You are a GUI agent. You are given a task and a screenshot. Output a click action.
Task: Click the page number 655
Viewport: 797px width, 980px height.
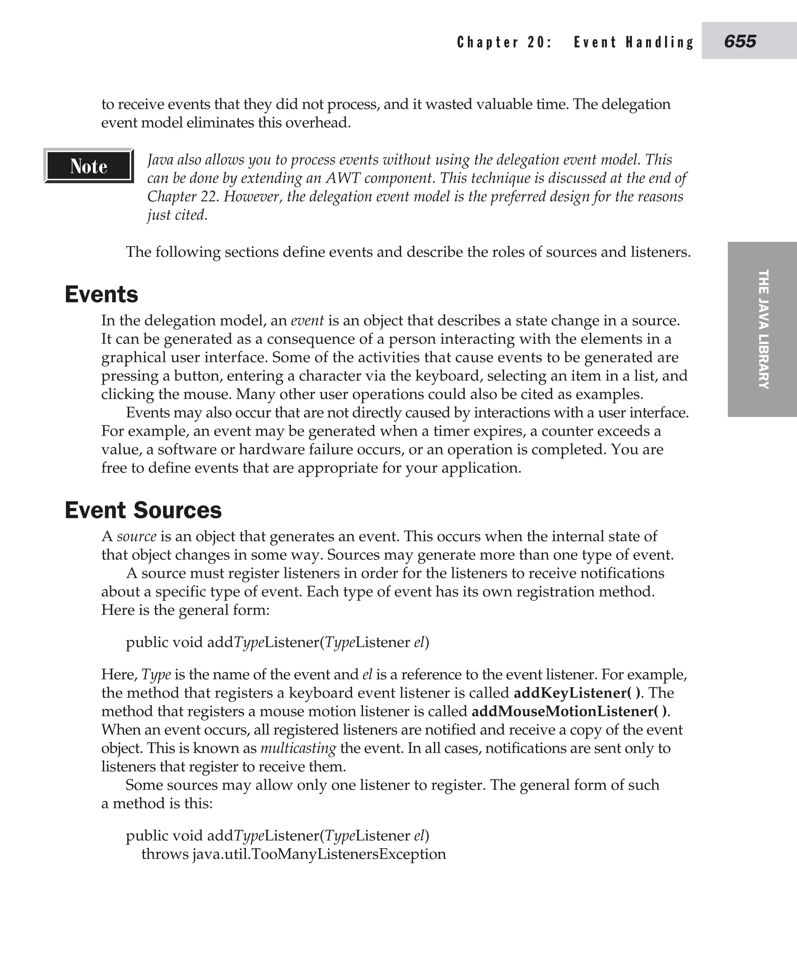tap(740, 42)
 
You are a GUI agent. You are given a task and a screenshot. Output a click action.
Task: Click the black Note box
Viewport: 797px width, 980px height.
tap(89, 166)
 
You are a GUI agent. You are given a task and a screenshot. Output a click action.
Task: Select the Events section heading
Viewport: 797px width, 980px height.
tap(102, 294)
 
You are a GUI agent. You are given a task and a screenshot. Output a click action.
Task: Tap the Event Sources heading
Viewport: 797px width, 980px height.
tap(143, 510)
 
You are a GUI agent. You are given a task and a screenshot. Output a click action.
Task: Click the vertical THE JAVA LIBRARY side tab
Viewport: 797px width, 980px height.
tap(763, 329)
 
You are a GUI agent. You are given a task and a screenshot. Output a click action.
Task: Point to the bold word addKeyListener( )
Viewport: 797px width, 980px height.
tap(577, 693)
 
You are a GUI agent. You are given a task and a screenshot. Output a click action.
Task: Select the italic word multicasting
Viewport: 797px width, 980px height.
tap(298, 748)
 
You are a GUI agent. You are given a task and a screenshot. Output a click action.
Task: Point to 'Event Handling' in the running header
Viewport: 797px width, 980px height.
tap(634, 42)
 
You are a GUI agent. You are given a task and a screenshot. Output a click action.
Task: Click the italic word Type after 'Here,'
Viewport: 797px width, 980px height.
tap(156, 674)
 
